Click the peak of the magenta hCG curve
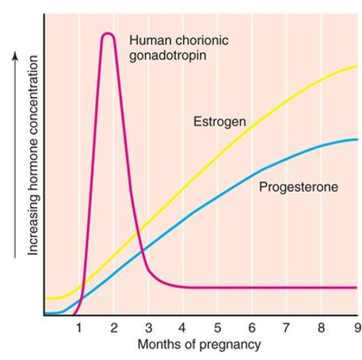click(109, 33)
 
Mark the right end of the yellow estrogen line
click(357, 67)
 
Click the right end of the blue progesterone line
click(357, 140)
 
